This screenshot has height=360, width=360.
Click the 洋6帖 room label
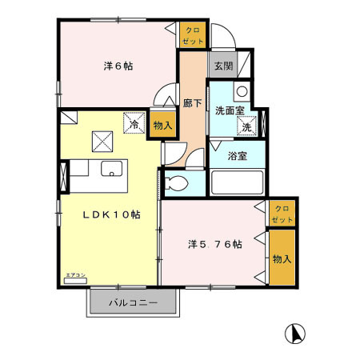118,66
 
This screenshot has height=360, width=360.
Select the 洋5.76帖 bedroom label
215,244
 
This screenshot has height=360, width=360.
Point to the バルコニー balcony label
132,303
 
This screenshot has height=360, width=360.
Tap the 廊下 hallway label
192,102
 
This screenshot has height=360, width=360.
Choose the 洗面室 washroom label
230,110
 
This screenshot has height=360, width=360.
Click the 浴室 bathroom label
238,156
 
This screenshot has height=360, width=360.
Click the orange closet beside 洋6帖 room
193,35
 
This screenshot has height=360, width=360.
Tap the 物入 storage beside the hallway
162,125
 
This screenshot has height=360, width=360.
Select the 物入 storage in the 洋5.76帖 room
281,258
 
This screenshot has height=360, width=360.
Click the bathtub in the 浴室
237,182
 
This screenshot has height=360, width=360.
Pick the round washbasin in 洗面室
242,90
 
